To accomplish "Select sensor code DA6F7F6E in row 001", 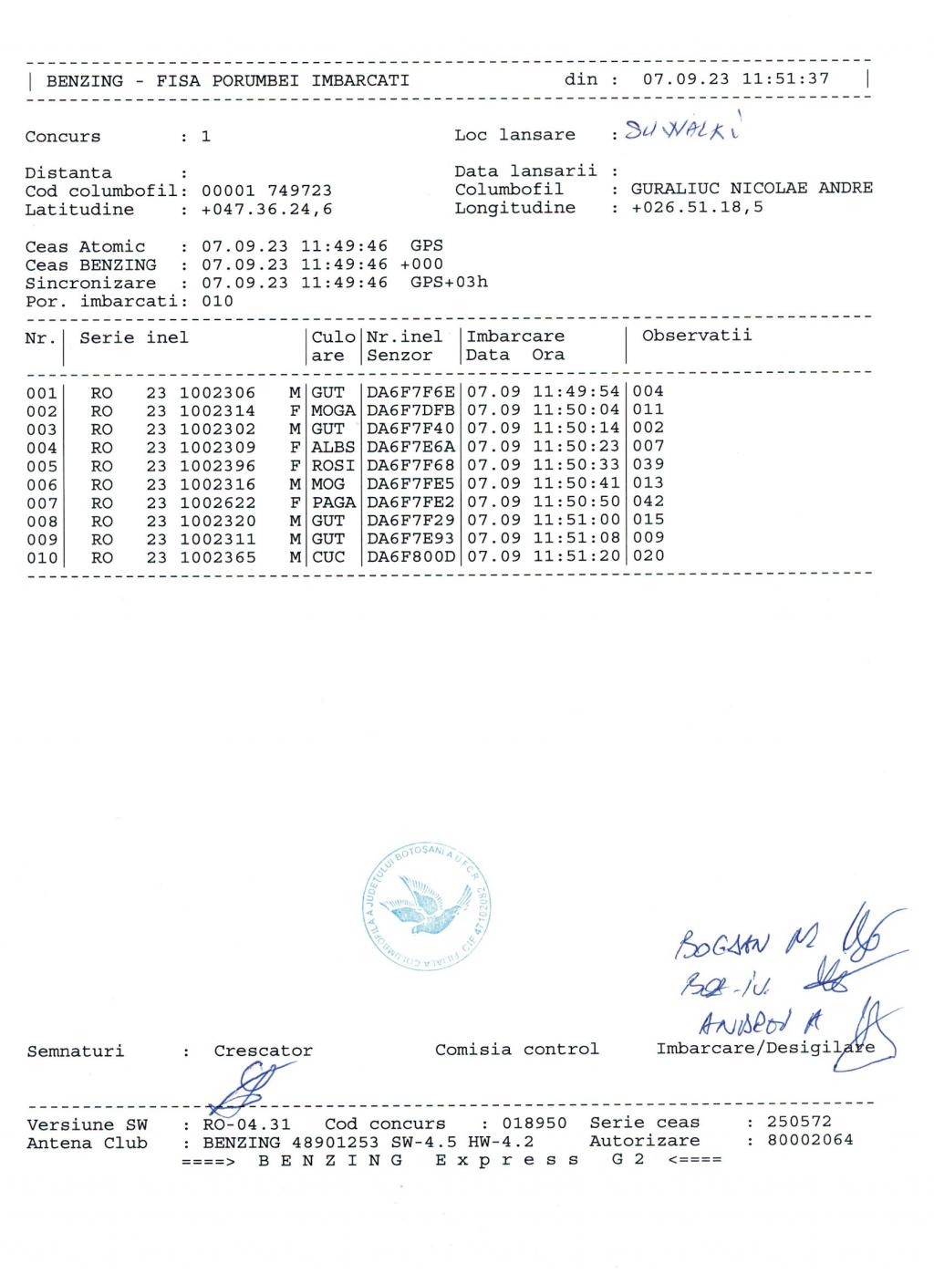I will coord(410,392).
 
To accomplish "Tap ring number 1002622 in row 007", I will coord(217,502).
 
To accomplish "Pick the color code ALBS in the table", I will coord(333,448).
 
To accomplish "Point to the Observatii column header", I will coord(696,336).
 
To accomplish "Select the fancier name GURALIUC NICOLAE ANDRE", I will coord(752,189).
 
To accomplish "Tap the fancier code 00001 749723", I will coord(266,192).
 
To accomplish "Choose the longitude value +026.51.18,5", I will coord(697,208).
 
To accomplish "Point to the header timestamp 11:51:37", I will coord(785,79).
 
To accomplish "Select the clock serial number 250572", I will coord(799,1123).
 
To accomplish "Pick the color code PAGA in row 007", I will coord(333,502).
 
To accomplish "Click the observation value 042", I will coord(649,502).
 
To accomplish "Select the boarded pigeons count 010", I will coord(217,301).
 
